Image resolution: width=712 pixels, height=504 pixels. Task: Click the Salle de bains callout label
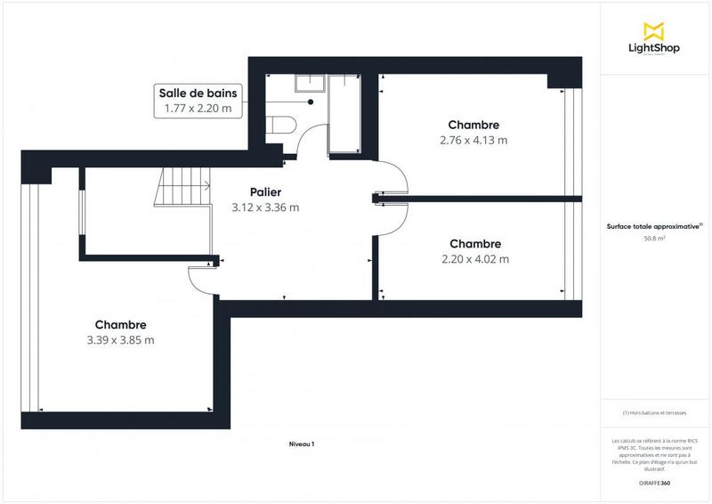click(197, 101)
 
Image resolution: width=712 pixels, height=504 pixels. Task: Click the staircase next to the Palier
click(183, 188)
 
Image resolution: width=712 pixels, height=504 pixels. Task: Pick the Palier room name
click(265, 191)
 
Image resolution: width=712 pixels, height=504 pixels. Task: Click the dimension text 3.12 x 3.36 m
click(265, 207)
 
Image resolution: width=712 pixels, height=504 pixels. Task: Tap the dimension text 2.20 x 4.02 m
click(474, 259)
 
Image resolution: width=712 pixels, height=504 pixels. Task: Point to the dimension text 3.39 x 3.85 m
click(120, 340)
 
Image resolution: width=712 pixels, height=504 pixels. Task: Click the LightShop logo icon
click(655, 29)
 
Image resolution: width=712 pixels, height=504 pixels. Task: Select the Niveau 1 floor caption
click(302, 443)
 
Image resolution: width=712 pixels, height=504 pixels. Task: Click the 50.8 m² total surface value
click(655, 238)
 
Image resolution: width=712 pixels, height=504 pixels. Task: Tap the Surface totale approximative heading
click(654, 227)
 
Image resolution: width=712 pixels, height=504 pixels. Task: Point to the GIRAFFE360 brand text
click(654, 481)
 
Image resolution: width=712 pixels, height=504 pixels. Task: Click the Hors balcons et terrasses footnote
click(654, 413)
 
